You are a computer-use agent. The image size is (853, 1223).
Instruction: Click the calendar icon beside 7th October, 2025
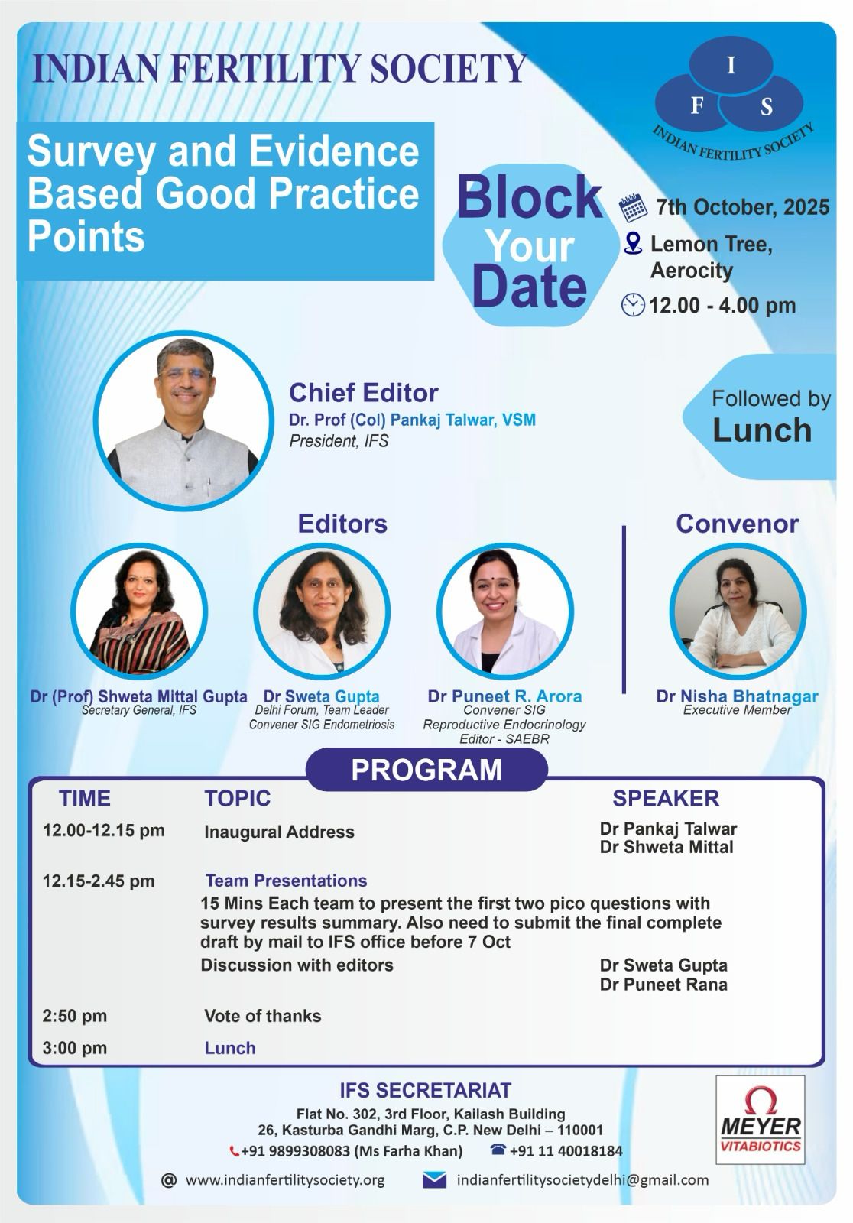coord(633,207)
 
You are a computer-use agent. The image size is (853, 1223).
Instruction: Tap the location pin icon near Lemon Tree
coord(632,244)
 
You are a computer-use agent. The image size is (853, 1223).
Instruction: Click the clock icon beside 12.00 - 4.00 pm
coord(633,305)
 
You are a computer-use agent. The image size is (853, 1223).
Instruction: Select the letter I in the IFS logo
coord(731,66)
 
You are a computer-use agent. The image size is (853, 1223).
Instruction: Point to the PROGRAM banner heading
coord(426,770)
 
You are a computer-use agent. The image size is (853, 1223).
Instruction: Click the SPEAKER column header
coord(666,798)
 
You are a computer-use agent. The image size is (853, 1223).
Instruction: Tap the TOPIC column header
coord(238,798)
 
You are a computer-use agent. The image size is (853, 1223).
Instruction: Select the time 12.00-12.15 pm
coord(104,830)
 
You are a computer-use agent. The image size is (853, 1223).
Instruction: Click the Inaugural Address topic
coord(279,832)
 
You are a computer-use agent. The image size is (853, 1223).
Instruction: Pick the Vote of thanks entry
coord(263,1016)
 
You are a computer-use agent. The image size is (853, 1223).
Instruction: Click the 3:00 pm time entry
coord(75,1048)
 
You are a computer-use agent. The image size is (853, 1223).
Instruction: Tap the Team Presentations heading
coord(286,881)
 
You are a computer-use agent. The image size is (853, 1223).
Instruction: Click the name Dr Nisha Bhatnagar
coord(738,696)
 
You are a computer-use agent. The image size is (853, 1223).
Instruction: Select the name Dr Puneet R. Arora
coord(504,696)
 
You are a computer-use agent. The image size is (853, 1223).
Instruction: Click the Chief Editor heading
coord(364,393)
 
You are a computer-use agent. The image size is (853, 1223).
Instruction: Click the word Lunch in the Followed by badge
coord(762,430)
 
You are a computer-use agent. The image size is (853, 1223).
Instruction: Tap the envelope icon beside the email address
coord(434,1180)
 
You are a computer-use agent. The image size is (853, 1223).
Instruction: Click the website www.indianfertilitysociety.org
coord(285,1180)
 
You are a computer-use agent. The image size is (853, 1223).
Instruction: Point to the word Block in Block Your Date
coord(530,197)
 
